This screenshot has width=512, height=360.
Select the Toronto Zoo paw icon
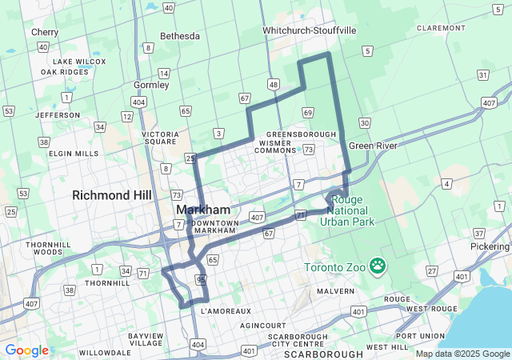click(x=377, y=265)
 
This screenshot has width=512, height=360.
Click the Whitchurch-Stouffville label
click(x=310, y=30)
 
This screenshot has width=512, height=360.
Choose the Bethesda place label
click(x=180, y=36)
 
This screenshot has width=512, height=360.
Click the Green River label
click(x=372, y=146)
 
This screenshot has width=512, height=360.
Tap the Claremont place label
click(x=441, y=27)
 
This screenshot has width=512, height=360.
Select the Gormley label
click(x=152, y=85)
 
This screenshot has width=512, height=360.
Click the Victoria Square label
click(x=160, y=138)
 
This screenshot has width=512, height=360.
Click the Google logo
click(x=26, y=350)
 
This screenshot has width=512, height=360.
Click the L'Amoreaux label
click(x=226, y=310)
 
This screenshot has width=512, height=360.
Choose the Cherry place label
click(x=45, y=32)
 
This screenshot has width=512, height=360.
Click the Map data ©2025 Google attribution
click(x=462, y=354)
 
